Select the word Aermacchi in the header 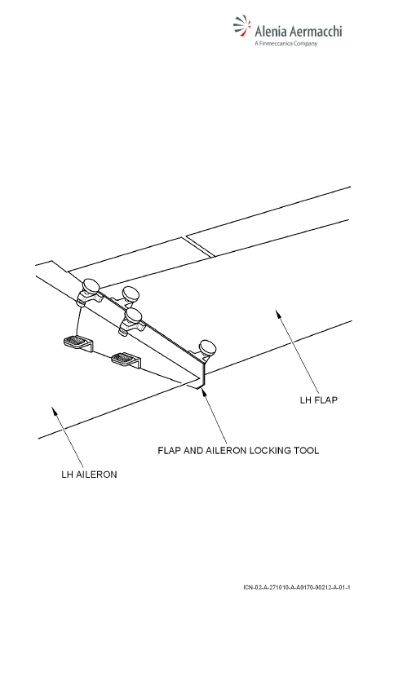pos(316,31)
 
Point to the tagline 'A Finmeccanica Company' pos(286,43)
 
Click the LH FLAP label pos(319,400)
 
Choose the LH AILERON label pos(89,475)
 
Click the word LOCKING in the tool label pos(272,450)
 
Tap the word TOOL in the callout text pos(308,450)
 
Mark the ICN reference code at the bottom pos(297,587)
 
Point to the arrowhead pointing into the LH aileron pos(55,411)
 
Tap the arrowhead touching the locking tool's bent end pos(203,391)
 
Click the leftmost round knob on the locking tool pos(91,285)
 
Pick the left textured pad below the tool pos(78,342)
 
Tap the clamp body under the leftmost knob pos(88,298)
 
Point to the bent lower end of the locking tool pos(201,376)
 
